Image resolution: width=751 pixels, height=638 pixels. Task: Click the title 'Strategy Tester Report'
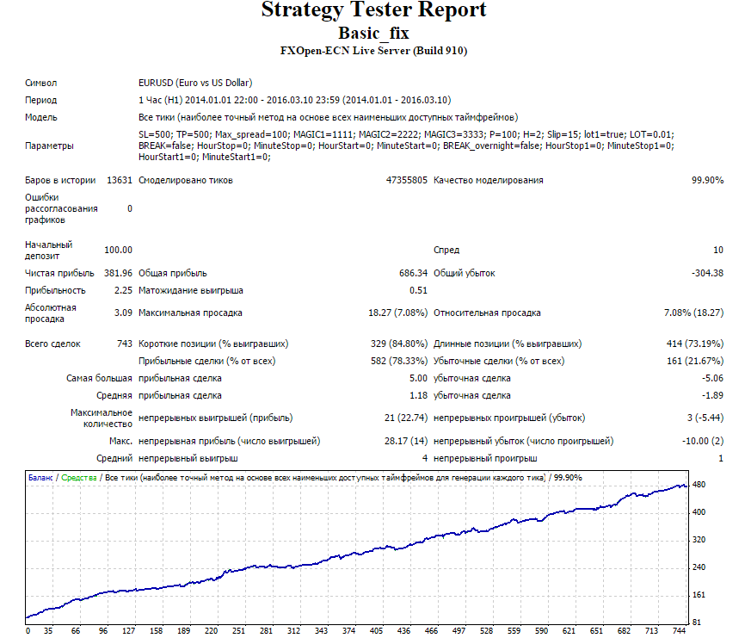tap(373, 9)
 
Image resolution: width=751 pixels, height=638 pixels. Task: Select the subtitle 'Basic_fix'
tap(373, 33)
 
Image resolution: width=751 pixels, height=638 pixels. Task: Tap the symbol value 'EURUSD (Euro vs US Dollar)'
tap(195, 83)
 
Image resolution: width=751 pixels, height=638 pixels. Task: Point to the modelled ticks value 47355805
tap(407, 180)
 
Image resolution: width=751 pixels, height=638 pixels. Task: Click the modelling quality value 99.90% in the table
tap(707, 180)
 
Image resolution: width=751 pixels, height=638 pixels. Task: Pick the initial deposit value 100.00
tap(119, 250)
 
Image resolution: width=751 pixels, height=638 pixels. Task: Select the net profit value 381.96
tap(119, 273)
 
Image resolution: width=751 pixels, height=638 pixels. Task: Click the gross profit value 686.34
tap(413, 273)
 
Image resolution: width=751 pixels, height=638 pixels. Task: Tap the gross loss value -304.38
tap(707, 273)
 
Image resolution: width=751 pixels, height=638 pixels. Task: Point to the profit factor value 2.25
tap(123, 290)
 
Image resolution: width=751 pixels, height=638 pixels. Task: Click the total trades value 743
tap(125, 344)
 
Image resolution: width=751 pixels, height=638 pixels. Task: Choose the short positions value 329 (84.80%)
tap(399, 344)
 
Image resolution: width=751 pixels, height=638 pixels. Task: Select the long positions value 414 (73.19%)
tap(695, 344)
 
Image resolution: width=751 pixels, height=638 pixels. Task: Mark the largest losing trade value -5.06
tap(712, 378)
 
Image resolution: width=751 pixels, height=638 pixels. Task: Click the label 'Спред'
tap(446, 250)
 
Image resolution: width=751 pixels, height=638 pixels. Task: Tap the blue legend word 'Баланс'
tap(40, 478)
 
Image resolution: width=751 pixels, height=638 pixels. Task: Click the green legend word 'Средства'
tap(79, 478)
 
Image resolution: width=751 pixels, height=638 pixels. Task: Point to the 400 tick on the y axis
tap(699, 512)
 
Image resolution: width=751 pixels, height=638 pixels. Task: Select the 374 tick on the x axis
tap(348, 631)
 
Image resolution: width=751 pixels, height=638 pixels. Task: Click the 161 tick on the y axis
tap(699, 595)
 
